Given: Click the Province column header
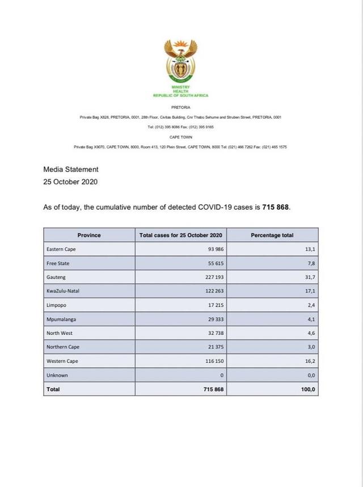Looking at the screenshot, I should pos(89,235).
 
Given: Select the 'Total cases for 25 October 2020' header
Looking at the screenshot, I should pos(181,235).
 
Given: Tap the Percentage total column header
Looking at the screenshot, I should pos(272,235).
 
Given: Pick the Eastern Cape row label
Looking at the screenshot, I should pos(62,249).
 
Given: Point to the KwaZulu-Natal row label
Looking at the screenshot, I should pos(64,291).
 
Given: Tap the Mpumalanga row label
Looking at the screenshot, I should pos(62,320).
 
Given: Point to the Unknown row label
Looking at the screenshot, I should pos(57,375).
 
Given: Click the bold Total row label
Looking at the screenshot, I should pos(53,389).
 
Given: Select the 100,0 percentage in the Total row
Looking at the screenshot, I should pos(308,389).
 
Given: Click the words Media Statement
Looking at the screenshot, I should pos(71,169).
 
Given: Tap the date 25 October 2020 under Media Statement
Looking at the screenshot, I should pos(71,182).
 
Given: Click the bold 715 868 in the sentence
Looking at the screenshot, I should pos(276,208).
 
